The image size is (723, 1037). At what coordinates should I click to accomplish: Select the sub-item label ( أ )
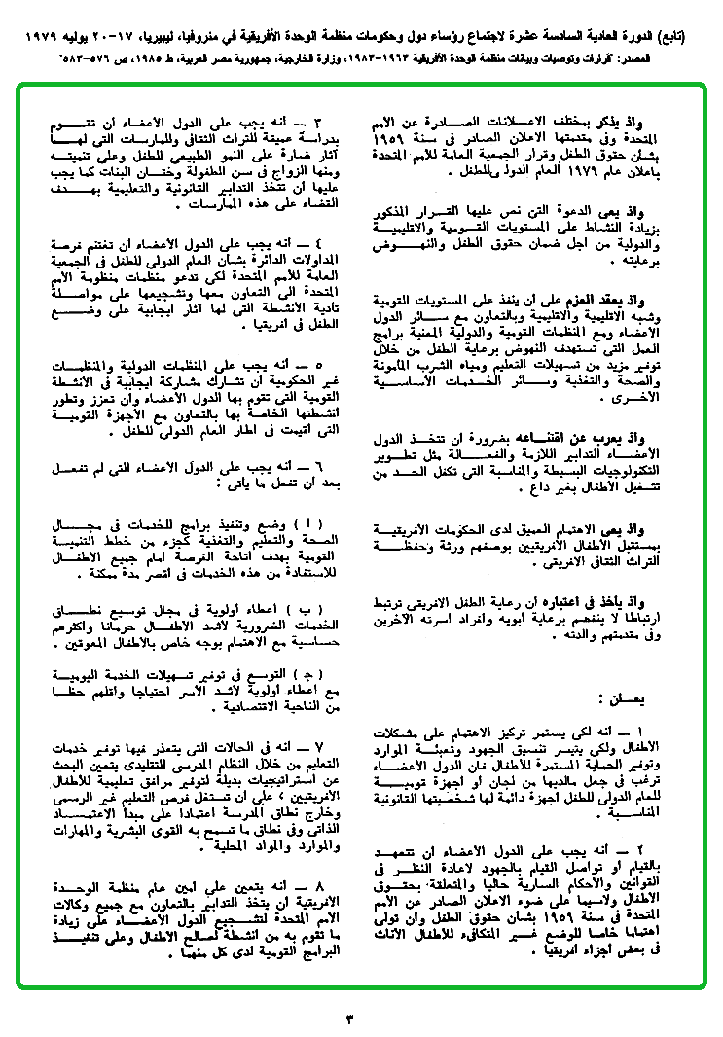(308, 525)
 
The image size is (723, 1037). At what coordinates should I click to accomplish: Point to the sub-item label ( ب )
(308, 610)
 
